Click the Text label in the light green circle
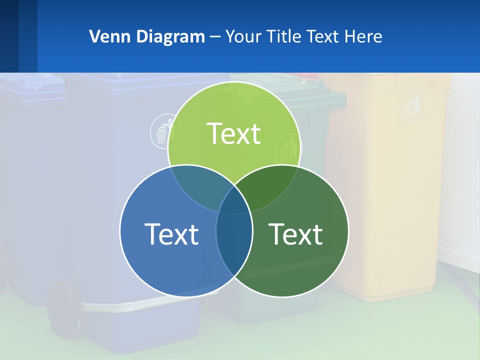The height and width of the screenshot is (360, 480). point(234,133)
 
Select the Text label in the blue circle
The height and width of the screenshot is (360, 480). point(171,233)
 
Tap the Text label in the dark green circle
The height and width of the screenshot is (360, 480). point(296,233)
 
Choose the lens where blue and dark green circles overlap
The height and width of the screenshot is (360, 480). point(234,245)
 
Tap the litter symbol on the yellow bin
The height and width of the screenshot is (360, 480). point(413,106)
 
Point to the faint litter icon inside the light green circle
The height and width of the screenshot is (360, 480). point(287,148)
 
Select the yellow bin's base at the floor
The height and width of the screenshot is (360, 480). point(385,295)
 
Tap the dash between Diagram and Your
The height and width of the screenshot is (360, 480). point(215,37)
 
